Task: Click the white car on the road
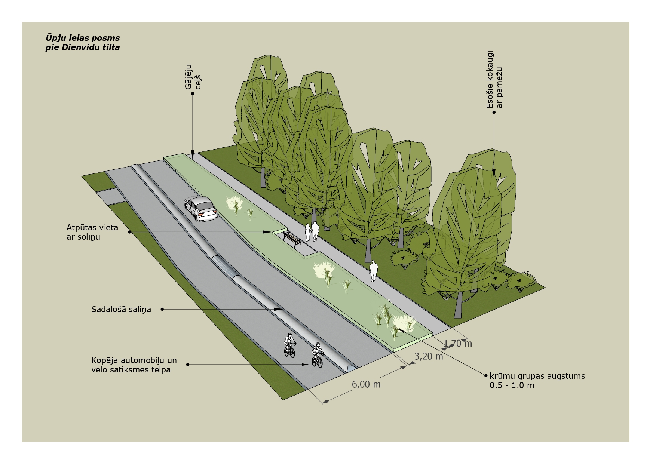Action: point(200,209)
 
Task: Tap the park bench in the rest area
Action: point(292,239)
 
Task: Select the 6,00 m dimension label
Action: point(366,384)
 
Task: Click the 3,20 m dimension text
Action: point(429,356)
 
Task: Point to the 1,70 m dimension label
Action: point(458,343)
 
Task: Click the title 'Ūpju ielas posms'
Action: point(83,38)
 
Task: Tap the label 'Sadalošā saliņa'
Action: point(121,309)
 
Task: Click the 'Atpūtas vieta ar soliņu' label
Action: point(92,232)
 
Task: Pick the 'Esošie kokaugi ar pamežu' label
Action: point(494,80)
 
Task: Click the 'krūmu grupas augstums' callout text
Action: point(537,376)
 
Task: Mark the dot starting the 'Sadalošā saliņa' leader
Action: point(162,309)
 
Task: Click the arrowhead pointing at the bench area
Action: point(267,232)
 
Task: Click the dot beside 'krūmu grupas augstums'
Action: point(485,376)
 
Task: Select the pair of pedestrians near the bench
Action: point(312,232)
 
